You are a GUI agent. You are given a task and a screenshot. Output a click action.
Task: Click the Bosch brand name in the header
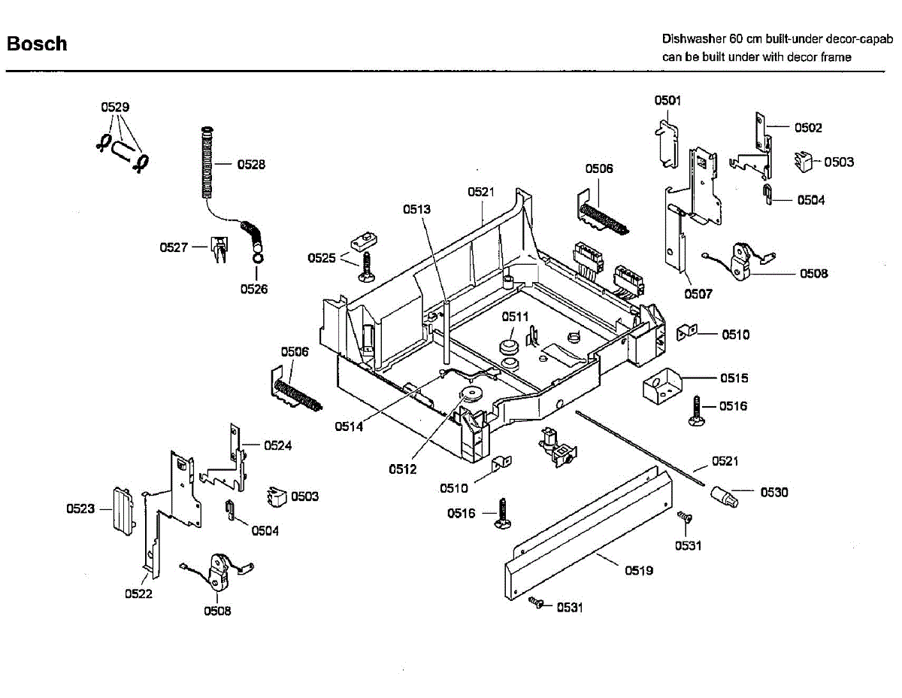tap(37, 44)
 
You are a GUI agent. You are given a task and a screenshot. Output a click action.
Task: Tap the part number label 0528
tap(251, 165)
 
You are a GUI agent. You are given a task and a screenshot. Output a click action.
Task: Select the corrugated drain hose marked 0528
tap(207, 162)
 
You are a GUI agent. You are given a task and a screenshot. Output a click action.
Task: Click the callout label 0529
tap(115, 107)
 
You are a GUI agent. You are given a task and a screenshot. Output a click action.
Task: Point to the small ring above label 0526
tap(257, 258)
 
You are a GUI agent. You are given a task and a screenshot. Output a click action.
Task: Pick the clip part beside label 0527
tap(219, 249)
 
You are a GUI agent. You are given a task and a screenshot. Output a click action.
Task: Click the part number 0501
tap(667, 101)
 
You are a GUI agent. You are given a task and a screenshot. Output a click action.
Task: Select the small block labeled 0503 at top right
tap(804, 162)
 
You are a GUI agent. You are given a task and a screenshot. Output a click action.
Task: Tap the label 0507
tap(698, 294)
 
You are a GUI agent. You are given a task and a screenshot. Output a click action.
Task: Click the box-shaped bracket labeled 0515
tap(661, 387)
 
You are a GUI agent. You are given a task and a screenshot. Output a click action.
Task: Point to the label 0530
tap(773, 492)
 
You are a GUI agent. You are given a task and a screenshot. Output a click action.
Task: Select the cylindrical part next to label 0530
tap(724, 497)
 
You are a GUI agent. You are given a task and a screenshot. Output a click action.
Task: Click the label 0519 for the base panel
tap(639, 571)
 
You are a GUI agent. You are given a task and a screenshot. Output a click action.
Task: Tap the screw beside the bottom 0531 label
tap(536, 602)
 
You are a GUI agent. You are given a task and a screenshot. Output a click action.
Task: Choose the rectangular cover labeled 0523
tap(124, 511)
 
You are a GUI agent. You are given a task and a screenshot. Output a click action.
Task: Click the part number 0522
tap(138, 593)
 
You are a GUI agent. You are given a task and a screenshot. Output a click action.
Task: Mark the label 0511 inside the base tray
tap(515, 317)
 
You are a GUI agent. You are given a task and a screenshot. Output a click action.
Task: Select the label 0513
tap(416, 209)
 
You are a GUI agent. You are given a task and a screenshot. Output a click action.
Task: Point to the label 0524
tap(277, 445)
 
